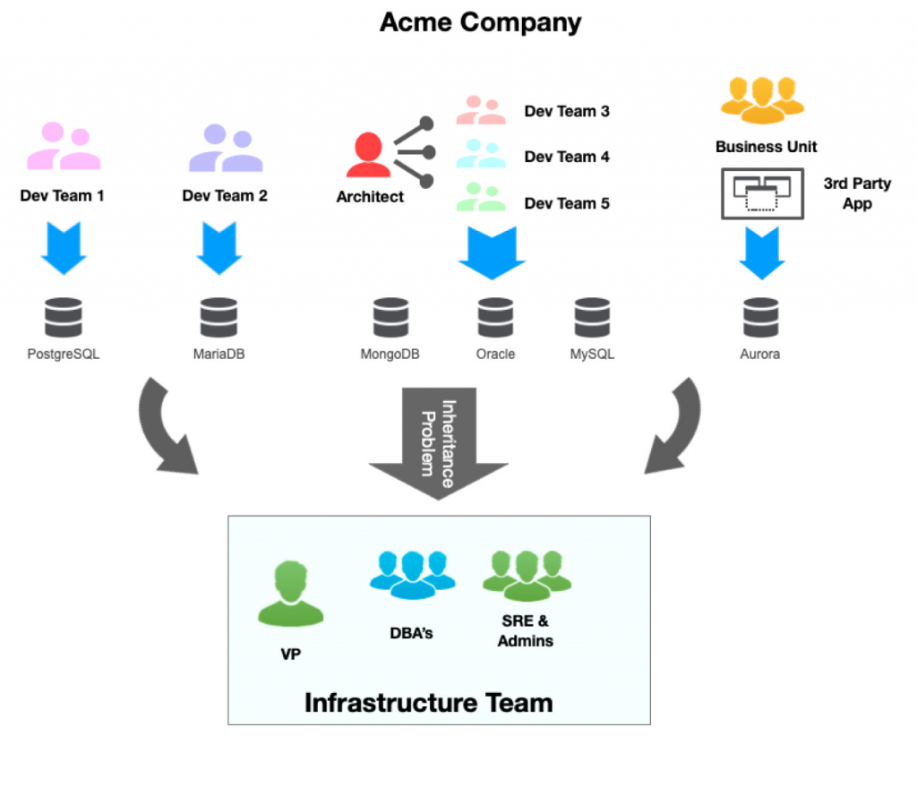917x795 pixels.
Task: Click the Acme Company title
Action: pyautogui.click(x=480, y=21)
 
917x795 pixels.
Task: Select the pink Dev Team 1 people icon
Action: pyautogui.click(x=63, y=148)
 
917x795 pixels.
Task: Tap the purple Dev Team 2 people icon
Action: pyautogui.click(x=225, y=148)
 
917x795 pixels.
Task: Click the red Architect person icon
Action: pyautogui.click(x=368, y=154)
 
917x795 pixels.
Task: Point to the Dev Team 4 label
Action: pyautogui.click(x=567, y=157)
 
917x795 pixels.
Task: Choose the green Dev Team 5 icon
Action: pyautogui.click(x=481, y=197)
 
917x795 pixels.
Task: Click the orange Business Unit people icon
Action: pyautogui.click(x=762, y=98)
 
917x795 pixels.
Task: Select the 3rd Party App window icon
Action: pyautogui.click(x=762, y=193)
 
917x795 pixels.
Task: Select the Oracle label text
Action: pyautogui.click(x=495, y=354)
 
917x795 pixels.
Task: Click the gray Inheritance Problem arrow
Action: pyautogui.click(x=438, y=439)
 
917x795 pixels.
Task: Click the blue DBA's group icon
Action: pyautogui.click(x=412, y=573)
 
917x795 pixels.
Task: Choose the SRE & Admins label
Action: pyautogui.click(x=526, y=630)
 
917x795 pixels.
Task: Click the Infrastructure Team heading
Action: pyautogui.click(x=428, y=702)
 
